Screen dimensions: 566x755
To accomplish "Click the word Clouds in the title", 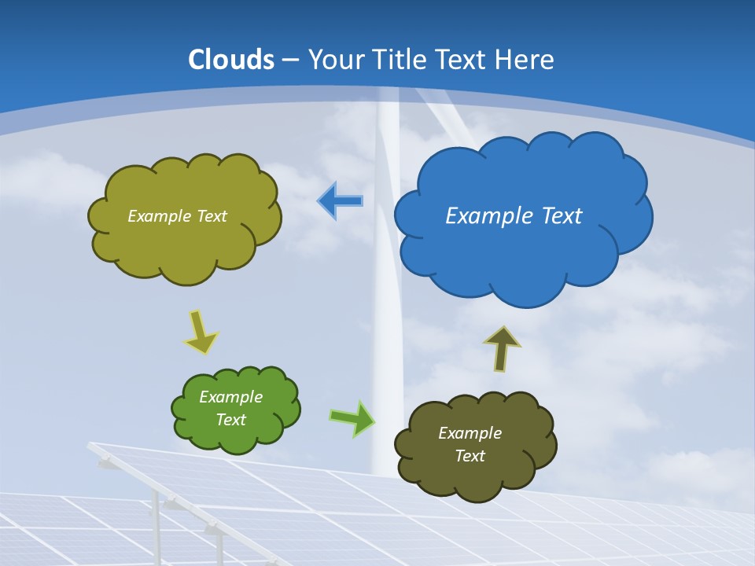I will point(231,60).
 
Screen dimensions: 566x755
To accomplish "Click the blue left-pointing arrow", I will point(340,201).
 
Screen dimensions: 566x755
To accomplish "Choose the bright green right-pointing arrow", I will point(352,418).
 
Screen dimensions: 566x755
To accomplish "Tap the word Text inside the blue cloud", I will point(559,216).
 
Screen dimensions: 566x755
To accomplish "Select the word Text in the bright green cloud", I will point(231,420).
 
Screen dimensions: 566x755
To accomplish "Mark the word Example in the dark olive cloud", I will point(470,433).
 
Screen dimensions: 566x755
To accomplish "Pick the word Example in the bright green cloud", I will point(231,397).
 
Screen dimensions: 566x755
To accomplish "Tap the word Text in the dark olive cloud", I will point(470,456).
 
